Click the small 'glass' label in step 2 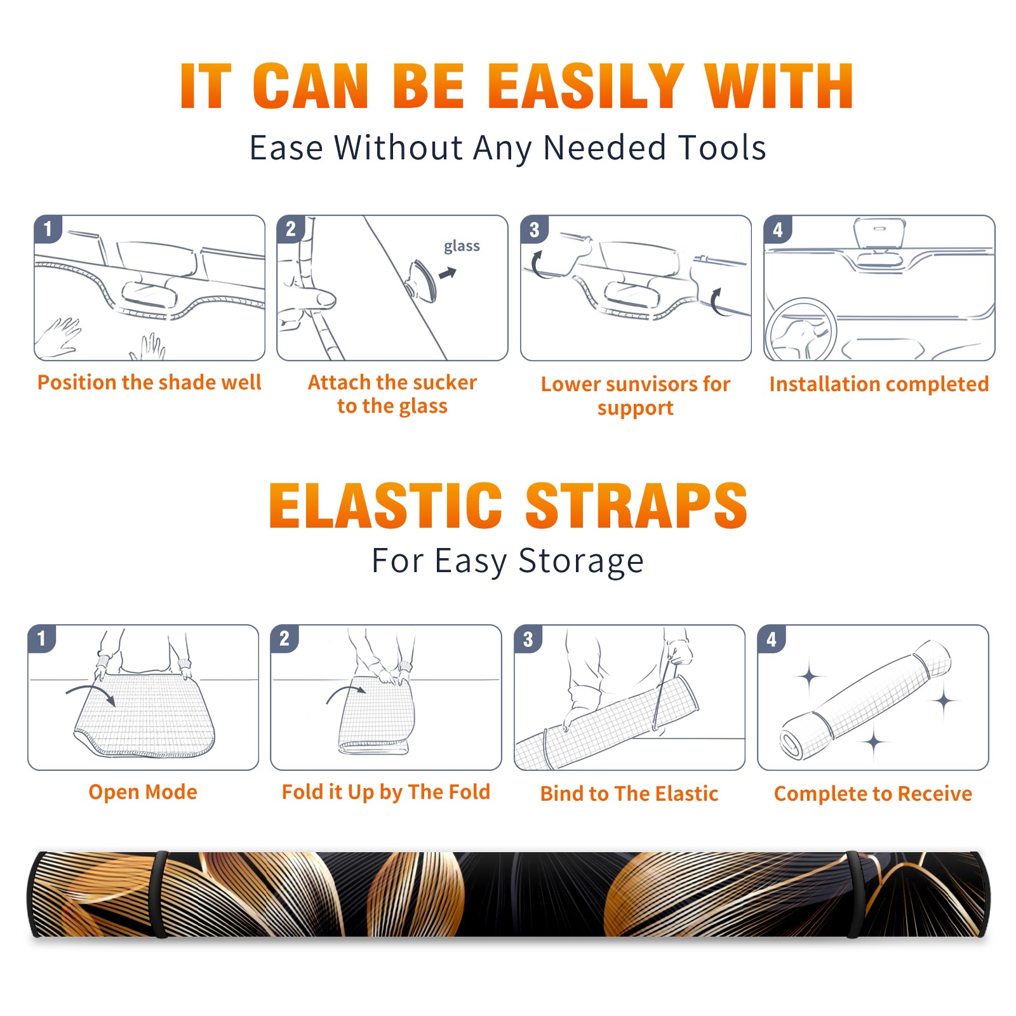[x=462, y=246]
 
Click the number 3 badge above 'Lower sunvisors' [x=534, y=229]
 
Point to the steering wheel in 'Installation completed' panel [x=801, y=330]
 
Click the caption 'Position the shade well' [x=149, y=382]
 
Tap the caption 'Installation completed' [x=879, y=384]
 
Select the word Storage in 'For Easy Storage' [x=581, y=561]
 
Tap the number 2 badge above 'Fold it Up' [x=284, y=639]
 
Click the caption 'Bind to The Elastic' [x=629, y=794]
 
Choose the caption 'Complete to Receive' [x=873, y=794]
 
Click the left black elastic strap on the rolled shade [x=160, y=894]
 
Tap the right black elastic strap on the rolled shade [x=854, y=894]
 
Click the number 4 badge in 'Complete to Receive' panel [x=772, y=639]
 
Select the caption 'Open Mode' [x=143, y=792]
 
